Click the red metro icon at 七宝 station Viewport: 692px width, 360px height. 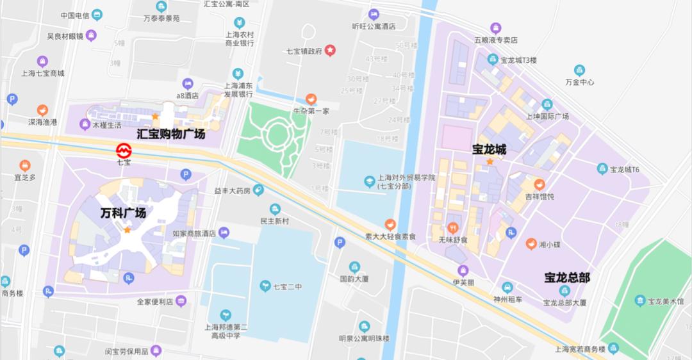pos(123,151)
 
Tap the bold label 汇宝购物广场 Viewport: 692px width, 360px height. pos(171,134)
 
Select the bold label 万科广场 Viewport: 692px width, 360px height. pos(123,213)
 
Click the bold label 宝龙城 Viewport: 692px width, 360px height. pos(490,150)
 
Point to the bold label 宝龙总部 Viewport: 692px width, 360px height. pos(567,277)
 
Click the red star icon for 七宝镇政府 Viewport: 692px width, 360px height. pos(330,50)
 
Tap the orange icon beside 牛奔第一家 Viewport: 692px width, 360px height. pos(311,99)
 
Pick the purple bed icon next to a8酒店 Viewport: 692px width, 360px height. pos(187,83)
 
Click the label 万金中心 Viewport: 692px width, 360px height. pos(580,82)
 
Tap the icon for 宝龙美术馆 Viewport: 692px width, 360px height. pos(639,300)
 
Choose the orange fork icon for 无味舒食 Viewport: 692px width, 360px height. pos(454,227)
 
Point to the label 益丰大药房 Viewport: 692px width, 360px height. pos(233,190)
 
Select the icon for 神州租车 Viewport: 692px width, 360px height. pos(507,288)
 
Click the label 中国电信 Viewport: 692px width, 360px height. pos(74,15)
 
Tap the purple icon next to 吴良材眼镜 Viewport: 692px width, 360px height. pos(91,36)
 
